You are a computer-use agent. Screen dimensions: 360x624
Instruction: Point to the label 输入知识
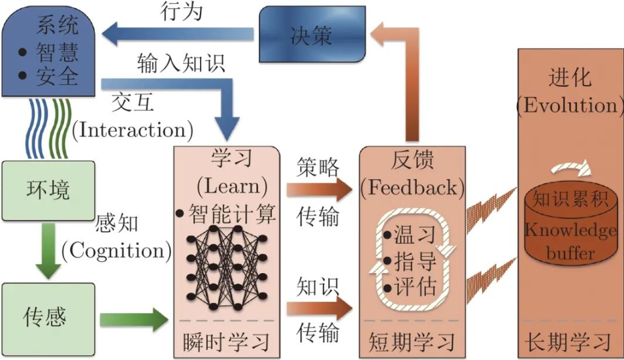181,63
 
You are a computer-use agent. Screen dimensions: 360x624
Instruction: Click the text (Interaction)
133,129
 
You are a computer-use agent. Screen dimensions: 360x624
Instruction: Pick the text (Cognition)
117,250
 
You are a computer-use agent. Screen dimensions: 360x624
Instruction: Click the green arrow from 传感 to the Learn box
134,319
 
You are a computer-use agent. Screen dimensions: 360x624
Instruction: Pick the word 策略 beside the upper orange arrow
318,167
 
